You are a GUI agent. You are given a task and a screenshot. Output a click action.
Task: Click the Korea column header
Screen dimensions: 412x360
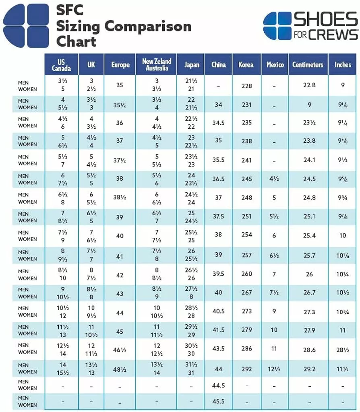246,64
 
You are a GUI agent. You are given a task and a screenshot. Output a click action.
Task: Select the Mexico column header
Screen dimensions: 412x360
275,64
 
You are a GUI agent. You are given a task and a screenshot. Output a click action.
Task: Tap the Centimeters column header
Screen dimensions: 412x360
308,64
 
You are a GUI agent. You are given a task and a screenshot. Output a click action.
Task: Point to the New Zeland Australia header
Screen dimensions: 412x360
157,65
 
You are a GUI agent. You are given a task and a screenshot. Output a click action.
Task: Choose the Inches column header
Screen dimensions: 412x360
343,64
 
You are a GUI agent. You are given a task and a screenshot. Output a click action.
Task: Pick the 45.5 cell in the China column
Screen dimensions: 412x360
218,402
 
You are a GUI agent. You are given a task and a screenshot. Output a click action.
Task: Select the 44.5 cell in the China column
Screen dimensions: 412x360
218,385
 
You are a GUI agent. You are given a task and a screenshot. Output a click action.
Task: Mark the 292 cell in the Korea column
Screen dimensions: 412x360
246,369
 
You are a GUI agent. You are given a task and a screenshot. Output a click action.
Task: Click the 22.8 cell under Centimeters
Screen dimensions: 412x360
309,85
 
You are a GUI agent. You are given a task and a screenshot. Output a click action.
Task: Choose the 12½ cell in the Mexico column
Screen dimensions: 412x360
274,369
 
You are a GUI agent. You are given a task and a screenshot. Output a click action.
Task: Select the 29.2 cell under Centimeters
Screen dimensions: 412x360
309,369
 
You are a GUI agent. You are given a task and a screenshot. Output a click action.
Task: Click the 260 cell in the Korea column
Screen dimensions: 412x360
246,274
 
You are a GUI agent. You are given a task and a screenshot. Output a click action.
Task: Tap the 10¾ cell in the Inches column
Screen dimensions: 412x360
343,312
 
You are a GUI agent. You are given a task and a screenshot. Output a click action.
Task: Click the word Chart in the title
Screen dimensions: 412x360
76,41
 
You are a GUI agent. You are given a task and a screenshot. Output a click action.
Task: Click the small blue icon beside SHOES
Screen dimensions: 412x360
277,25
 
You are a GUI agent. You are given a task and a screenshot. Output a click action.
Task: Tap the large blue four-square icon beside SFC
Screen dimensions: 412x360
26,25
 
